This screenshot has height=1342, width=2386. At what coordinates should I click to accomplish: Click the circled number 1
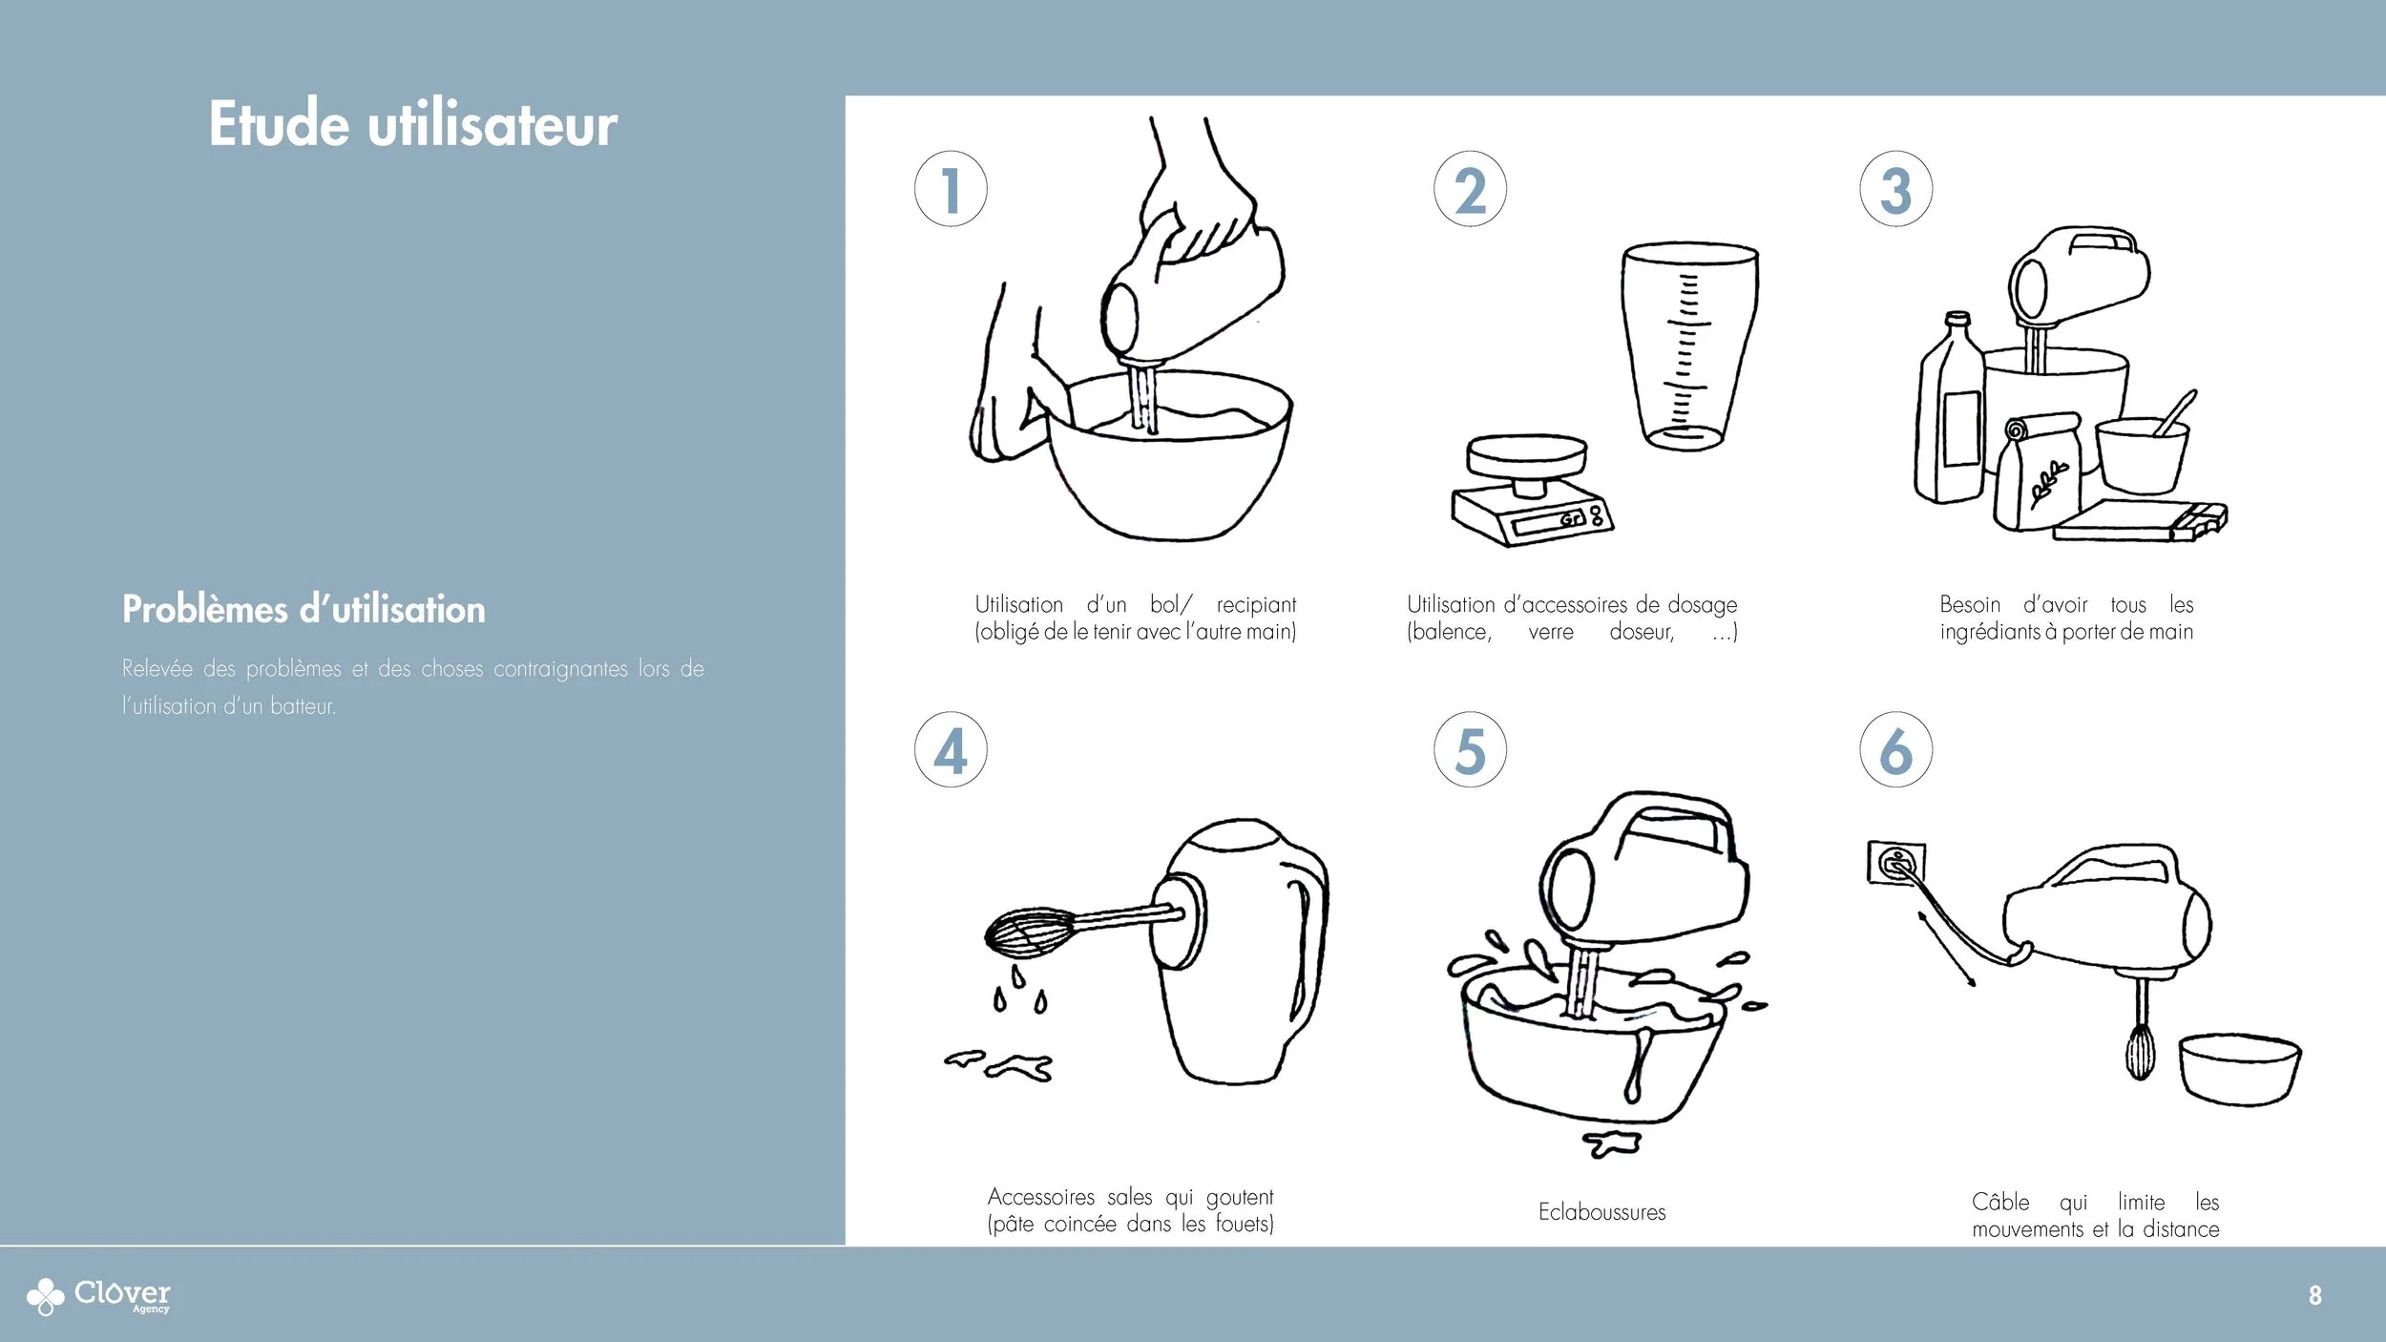click(951, 189)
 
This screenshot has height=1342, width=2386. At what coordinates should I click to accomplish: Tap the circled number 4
click(951, 749)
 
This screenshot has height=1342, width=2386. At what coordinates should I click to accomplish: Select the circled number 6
click(1896, 749)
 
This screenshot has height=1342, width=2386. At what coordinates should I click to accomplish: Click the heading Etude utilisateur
click(413, 124)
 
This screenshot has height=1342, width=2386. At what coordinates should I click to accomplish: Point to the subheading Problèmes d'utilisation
click(303, 609)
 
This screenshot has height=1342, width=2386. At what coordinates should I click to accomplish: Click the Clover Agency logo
click(98, 1295)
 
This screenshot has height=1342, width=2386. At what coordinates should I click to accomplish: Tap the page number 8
click(2314, 1295)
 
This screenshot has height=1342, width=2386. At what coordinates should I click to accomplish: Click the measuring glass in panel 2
click(1690, 346)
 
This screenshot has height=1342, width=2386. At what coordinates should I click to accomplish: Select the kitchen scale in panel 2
click(1531, 491)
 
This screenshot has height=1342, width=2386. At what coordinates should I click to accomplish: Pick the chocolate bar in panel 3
click(2141, 520)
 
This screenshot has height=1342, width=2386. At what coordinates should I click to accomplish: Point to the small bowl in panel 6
click(2239, 1069)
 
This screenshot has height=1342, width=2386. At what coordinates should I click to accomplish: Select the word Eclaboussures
click(1601, 1212)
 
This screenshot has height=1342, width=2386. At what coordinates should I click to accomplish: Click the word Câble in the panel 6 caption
click(2000, 1201)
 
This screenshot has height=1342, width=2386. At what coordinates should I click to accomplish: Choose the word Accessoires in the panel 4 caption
click(1041, 1197)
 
